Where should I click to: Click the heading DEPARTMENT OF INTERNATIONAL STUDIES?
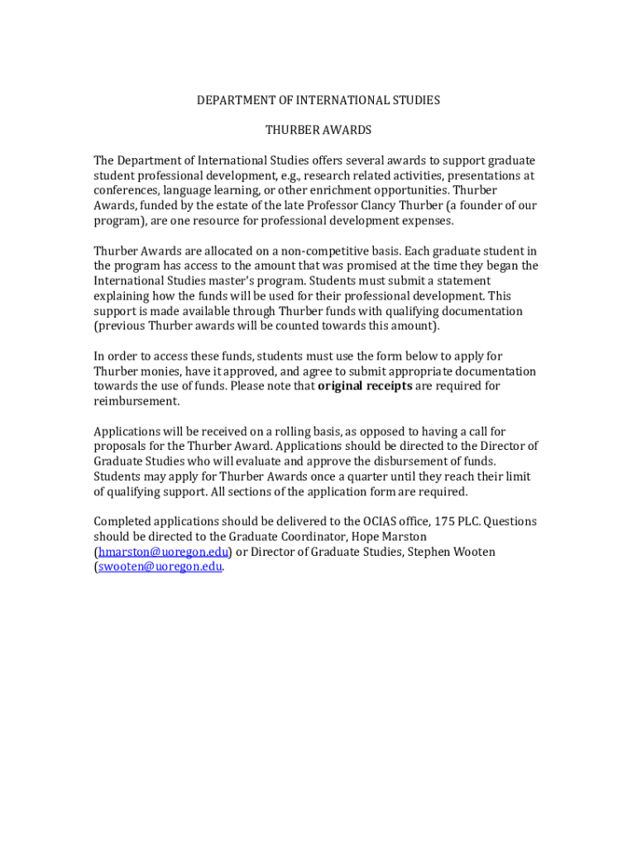pyautogui.click(x=318, y=100)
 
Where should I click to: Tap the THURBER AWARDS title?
pyautogui.click(x=318, y=130)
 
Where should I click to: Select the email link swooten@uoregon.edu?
pyautogui.click(x=160, y=567)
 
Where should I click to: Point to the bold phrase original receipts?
pyautogui.click(x=365, y=386)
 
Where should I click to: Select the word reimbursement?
pyautogui.click(x=136, y=401)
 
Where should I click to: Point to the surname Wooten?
pyautogui.click(x=473, y=552)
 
